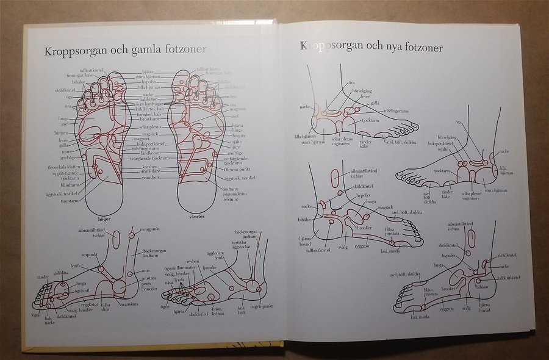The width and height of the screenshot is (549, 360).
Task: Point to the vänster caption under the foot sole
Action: coord(195,217)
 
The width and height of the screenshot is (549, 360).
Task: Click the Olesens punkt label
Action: coord(235,168)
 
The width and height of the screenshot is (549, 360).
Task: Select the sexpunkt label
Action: coord(90,254)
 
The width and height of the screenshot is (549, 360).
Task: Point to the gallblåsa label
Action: coord(61,273)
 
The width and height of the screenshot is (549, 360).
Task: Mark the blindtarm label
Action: coord(71,184)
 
